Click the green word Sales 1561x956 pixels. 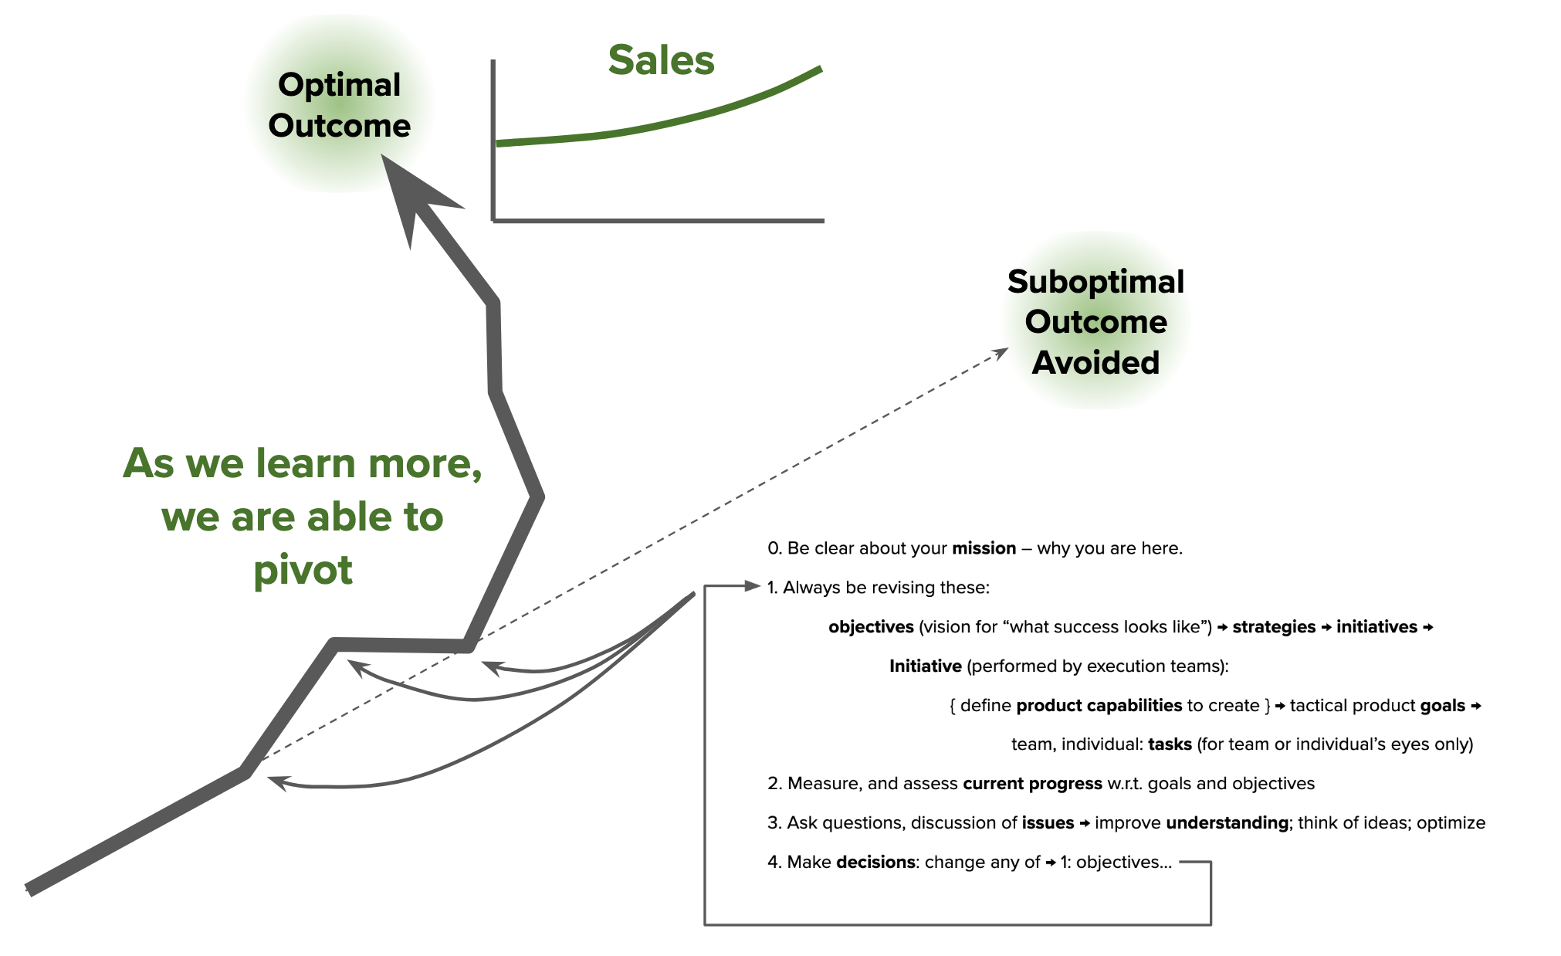click(x=661, y=60)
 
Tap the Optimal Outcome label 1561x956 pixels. click(x=339, y=105)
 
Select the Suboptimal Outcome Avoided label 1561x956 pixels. click(x=1095, y=322)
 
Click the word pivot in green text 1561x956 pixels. click(x=303, y=570)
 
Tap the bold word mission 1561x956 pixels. click(x=984, y=548)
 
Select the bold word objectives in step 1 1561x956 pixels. click(x=871, y=627)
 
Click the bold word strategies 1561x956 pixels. click(x=1274, y=627)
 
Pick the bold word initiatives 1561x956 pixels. click(x=1376, y=627)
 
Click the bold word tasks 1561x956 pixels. click(x=1170, y=744)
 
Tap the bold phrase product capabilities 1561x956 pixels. click(x=1099, y=706)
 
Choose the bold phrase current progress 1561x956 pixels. click(x=1032, y=784)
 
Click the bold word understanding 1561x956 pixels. click(x=1227, y=823)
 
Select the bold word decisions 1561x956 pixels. click(x=875, y=863)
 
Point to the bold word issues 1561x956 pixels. click(x=1048, y=823)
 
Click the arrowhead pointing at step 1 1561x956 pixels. click(x=752, y=586)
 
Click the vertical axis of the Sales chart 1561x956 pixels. click(x=493, y=139)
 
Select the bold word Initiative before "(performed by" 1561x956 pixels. click(x=925, y=666)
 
